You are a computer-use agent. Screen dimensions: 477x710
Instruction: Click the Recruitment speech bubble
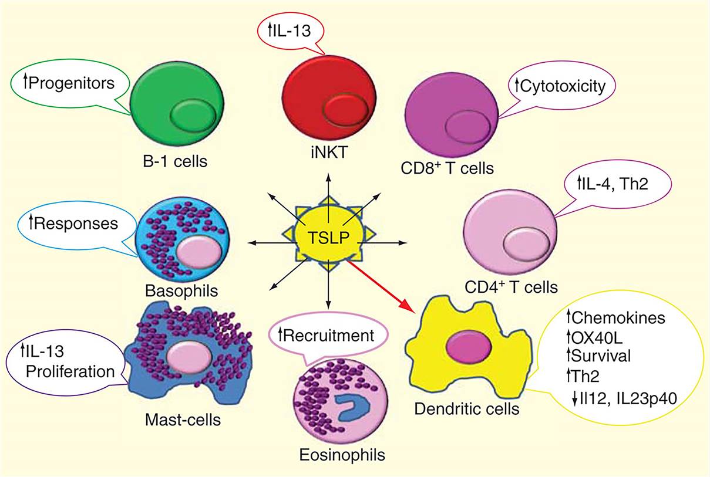pyautogui.click(x=327, y=336)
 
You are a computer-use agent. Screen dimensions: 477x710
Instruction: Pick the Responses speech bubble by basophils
pyautogui.click(x=74, y=223)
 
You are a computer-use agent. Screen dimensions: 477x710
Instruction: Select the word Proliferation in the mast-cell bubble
pyautogui.click(x=64, y=371)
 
